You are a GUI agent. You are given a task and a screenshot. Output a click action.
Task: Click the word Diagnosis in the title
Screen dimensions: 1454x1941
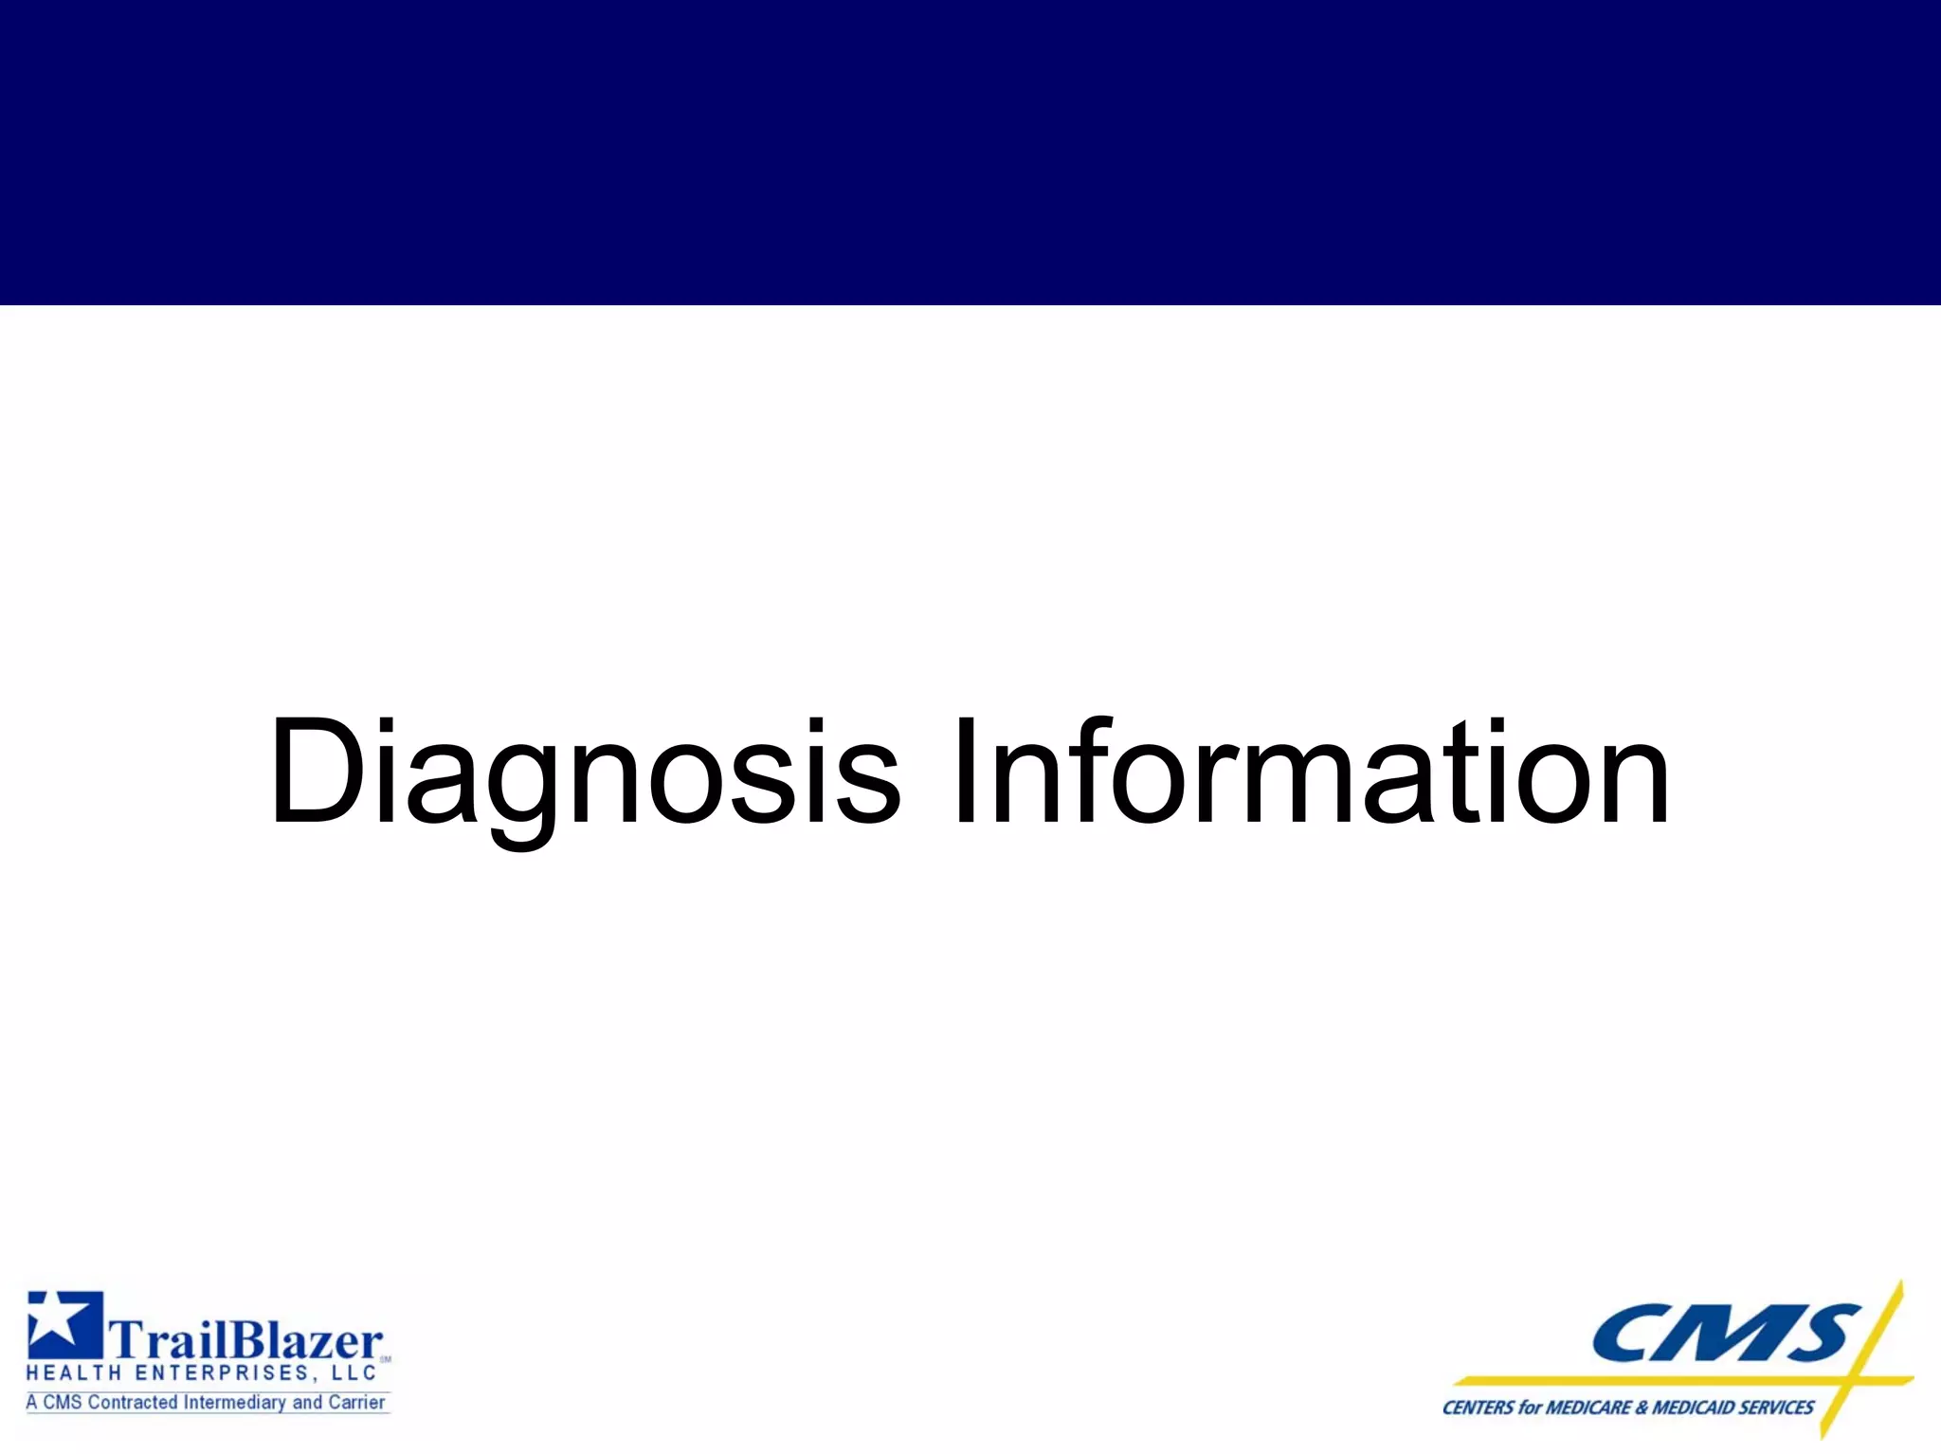click(x=583, y=772)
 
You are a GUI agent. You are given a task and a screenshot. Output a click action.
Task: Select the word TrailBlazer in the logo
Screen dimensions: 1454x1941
click(x=246, y=1340)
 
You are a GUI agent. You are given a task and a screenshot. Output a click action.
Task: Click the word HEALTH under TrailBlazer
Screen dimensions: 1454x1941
click(x=73, y=1373)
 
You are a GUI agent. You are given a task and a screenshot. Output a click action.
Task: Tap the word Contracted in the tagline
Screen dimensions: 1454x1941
click(x=132, y=1403)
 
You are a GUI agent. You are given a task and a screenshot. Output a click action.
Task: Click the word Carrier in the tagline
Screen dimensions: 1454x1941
click(x=357, y=1403)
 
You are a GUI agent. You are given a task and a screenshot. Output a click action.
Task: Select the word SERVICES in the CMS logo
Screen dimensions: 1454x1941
click(x=1777, y=1408)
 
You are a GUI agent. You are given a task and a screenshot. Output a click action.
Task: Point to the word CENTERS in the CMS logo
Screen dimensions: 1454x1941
click(x=1478, y=1408)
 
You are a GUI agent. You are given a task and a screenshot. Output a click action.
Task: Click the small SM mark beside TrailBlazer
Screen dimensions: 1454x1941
click(x=386, y=1358)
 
